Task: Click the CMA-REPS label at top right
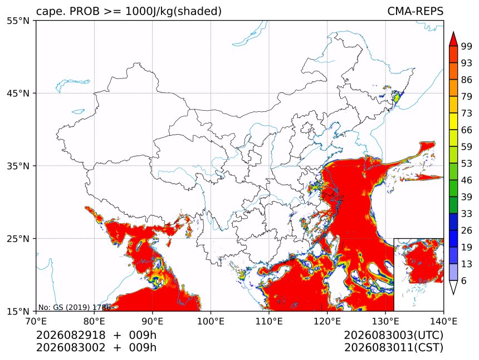click(415, 11)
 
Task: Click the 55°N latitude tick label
click(18, 21)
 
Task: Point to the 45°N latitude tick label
click(18, 93)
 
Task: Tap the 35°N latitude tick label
click(18, 166)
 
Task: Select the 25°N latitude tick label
click(18, 239)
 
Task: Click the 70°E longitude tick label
click(36, 321)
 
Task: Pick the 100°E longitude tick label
click(211, 321)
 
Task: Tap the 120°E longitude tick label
click(327, 321)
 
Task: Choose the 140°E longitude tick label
click(443, 321)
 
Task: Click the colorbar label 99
click(467, 46)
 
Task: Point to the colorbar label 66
click(467, 130)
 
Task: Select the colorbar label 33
click(467, 214)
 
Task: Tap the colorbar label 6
click(464, 280)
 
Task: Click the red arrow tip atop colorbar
click(453, 32)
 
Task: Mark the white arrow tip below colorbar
click(453, 294)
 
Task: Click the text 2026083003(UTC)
click(393, 336)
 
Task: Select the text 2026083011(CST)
click(393, 348)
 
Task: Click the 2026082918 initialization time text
click(71, 335)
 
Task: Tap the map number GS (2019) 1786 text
click(74, 307)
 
